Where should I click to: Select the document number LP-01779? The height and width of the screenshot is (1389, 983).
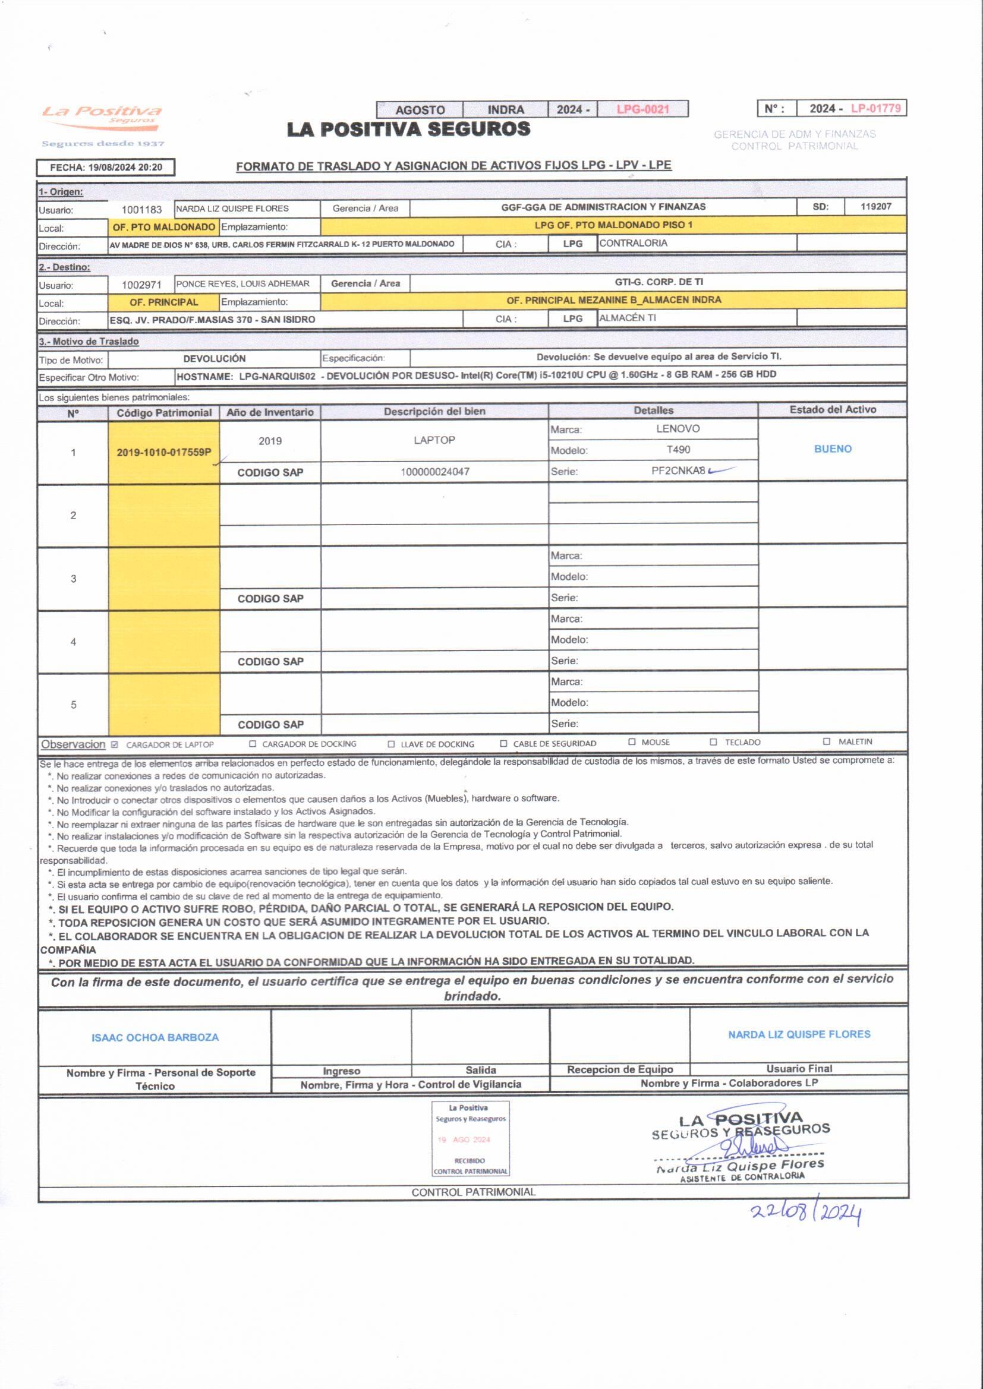click(875, 108)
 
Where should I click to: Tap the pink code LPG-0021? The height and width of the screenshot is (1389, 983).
click(642, 109)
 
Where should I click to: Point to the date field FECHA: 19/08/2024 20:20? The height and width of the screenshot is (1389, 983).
click(106, 168)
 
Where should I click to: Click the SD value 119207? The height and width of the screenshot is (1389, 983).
click(875, 207)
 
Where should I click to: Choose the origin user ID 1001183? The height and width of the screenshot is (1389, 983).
click(141, 210)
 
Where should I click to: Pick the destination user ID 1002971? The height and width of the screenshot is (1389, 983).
click(141, 285)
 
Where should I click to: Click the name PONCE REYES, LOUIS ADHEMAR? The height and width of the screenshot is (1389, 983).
click(242, 284)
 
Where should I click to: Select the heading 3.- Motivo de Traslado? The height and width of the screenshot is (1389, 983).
click(89, 342)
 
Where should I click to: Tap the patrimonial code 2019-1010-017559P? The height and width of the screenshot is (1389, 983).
click(163, 453)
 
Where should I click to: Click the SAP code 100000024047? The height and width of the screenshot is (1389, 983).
click(434, 472)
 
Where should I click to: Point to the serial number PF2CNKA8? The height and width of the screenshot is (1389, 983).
click(678, 471)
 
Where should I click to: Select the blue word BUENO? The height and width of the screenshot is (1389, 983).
click(832, 449)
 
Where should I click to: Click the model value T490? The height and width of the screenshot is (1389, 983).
click(678, 450)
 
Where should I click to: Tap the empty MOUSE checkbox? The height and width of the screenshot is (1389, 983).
click(632, 741)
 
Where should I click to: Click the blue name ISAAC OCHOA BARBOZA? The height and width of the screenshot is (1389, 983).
click(155, 1037)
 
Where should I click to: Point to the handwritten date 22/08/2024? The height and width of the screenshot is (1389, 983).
click(806, 1213)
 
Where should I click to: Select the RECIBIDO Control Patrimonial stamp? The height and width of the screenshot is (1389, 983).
click(470, 1138)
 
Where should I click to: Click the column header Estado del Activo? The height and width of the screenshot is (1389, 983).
click(832, 410)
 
